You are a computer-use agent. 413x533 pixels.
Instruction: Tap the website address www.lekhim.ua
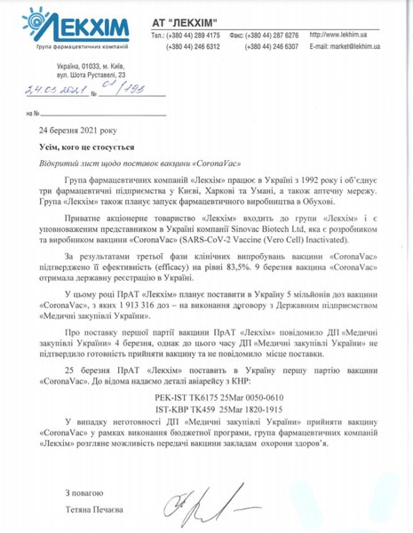pos(345,34)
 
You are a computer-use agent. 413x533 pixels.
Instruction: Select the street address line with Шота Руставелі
pos(92,79)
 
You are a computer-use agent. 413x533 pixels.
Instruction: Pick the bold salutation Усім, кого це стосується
pos(97,148)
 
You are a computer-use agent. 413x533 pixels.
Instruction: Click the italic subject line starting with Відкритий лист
pos(141,163)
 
